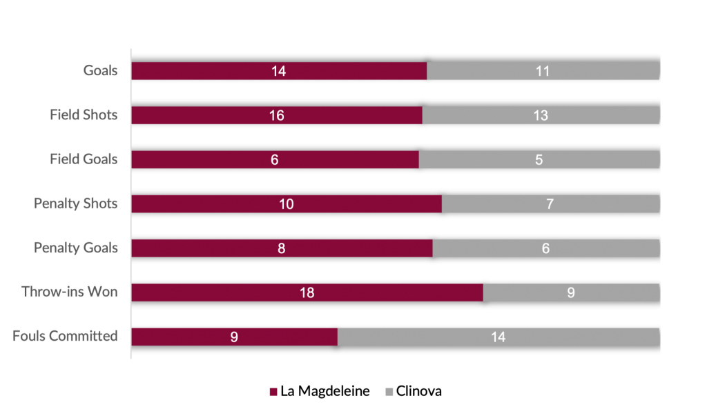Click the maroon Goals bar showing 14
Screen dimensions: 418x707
tap(279, 71)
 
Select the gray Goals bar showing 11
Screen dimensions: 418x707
tap(543, 71)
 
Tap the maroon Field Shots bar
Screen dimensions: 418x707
tap(276, 115)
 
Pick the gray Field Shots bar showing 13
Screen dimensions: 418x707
tap(541, 115)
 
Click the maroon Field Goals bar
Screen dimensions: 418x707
tap(275, 159)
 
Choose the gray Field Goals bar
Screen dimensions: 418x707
tap(539, 159)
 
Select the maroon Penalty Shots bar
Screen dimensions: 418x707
tap(286, 203)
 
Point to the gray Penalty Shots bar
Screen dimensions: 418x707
tap(550, 203)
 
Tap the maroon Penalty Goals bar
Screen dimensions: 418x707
tap(282, 248)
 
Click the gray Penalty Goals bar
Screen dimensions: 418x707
tap(545, 248)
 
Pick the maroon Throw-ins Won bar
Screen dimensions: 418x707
tap(307, 292)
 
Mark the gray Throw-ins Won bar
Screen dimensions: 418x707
tap(571, 292)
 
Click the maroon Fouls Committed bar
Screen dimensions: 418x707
tap(234, 337)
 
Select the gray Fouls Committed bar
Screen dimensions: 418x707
tap(498, 337)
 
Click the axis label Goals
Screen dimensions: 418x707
tap(101, 71)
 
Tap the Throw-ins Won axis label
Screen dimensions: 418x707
tap(70, 292)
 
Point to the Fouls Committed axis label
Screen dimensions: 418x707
tap(66, 337)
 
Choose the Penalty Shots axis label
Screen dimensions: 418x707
tap(77, 203)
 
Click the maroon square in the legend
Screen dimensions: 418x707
tap(273, 392)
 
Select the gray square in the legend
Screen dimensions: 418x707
tap(389, 392)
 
